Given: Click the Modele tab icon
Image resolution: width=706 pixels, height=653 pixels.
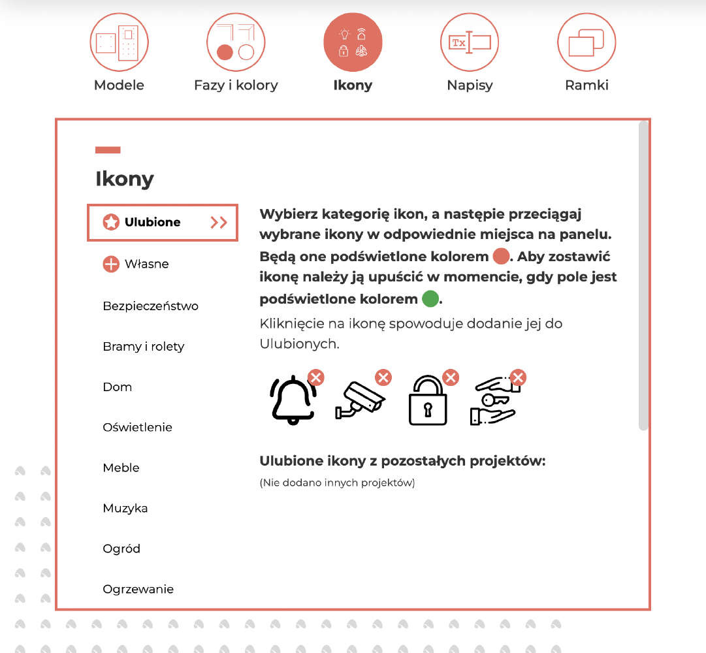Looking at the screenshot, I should (x=119, y=43).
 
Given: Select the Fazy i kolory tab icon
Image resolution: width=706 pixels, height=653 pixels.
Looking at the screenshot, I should (x=236, y=43).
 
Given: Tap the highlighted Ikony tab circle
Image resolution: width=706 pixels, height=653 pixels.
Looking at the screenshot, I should (x=353, y=43).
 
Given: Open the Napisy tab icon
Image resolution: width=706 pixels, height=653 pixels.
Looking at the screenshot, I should (x=470, y=43).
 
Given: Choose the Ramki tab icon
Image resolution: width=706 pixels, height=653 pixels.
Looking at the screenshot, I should (x=586, y=43).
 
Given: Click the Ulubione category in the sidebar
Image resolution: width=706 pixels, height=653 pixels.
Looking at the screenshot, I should (x=152, y=222).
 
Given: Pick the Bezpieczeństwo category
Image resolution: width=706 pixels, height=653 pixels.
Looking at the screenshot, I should (x=150, y=306).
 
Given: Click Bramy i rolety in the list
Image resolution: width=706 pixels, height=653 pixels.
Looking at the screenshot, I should (x=144, y=347).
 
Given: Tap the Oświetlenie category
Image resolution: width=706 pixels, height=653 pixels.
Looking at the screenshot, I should (x=137, y=428).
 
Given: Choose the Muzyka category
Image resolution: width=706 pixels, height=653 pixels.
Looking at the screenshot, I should (x=125, y=509).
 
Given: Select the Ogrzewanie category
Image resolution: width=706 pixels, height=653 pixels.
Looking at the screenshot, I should (x=138, y=590).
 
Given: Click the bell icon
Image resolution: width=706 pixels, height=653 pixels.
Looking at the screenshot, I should (x=293, y=401).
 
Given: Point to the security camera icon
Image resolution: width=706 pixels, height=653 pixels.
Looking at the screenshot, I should (x=360, y=400).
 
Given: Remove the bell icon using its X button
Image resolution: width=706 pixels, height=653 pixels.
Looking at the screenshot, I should (x=316, y=377).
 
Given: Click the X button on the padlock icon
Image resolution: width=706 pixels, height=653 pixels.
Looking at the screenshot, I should (x=451, y=377).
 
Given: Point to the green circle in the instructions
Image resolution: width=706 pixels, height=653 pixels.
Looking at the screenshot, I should (x=430, y=299).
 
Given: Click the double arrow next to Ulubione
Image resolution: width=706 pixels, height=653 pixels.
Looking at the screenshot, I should (x=219, y=223).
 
